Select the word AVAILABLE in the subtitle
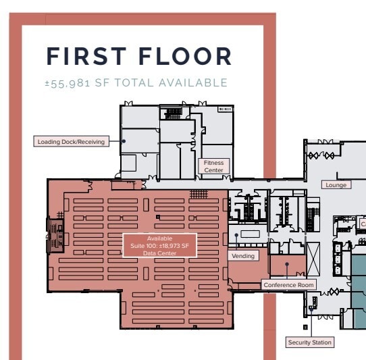tap(192, 83)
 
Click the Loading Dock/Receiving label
tap(71, 141)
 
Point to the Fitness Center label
tap(213, 166)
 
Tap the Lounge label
tap(336, 185)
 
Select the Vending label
tap(243, 256)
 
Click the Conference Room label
tap(289, 285)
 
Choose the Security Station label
tap(310, 342)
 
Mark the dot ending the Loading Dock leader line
tap(124, 141)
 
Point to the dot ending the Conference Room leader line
tap(286, 264)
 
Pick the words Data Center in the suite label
tap(159, 253)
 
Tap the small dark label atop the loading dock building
tap(224, 109)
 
